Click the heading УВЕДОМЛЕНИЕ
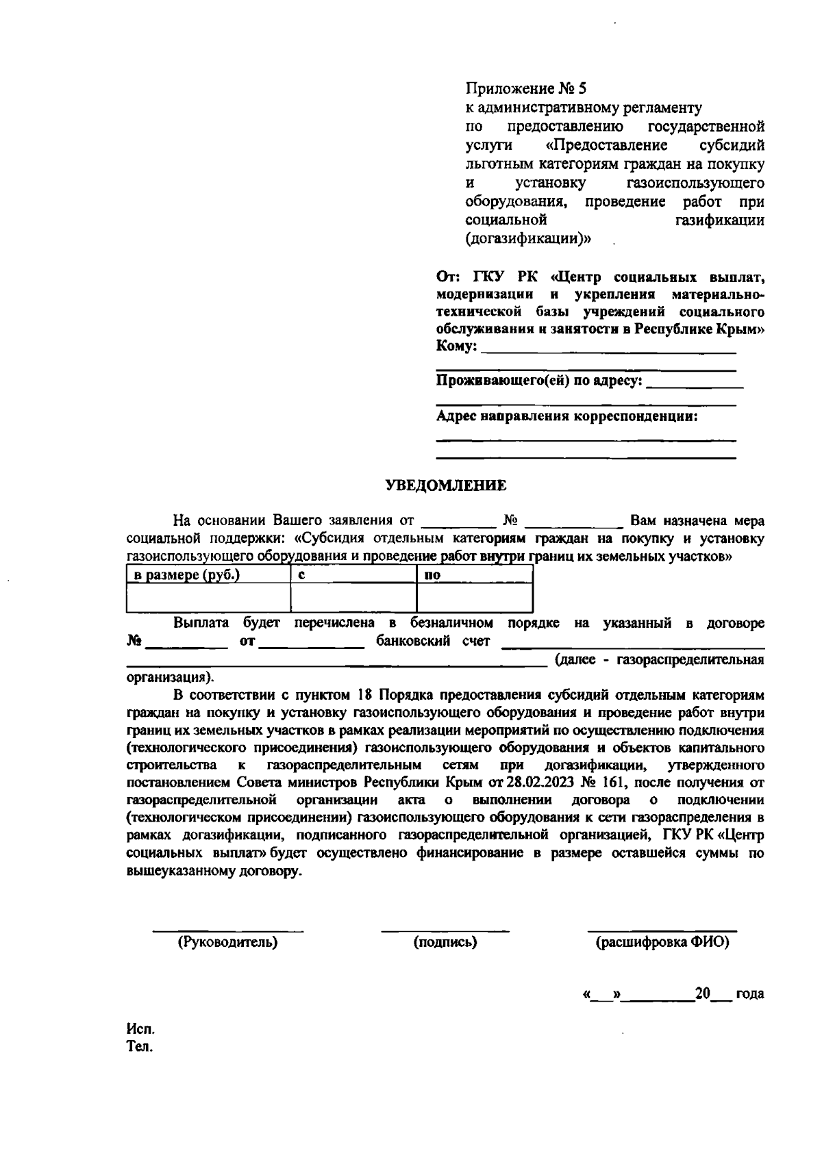(x=446, y=486)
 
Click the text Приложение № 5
(x=526, y=88)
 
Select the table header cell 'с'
(x=301, y=575)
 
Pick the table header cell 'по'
(x=432, y=575)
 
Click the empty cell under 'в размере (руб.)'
(x=208, y=598)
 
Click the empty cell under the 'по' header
(x=474, y=598)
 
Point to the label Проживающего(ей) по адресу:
(x=540, y=381)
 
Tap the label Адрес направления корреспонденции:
(x=567, y=416)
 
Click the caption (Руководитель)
(x=227, y=942)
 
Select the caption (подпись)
(x=445, y=942)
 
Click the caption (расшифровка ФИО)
(x=662, y=942)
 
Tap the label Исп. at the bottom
(x=140, y=1030)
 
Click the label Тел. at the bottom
(x=140, y=1048)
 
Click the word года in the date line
(x=749, y=993)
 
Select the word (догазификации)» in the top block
(x=529, y=239)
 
